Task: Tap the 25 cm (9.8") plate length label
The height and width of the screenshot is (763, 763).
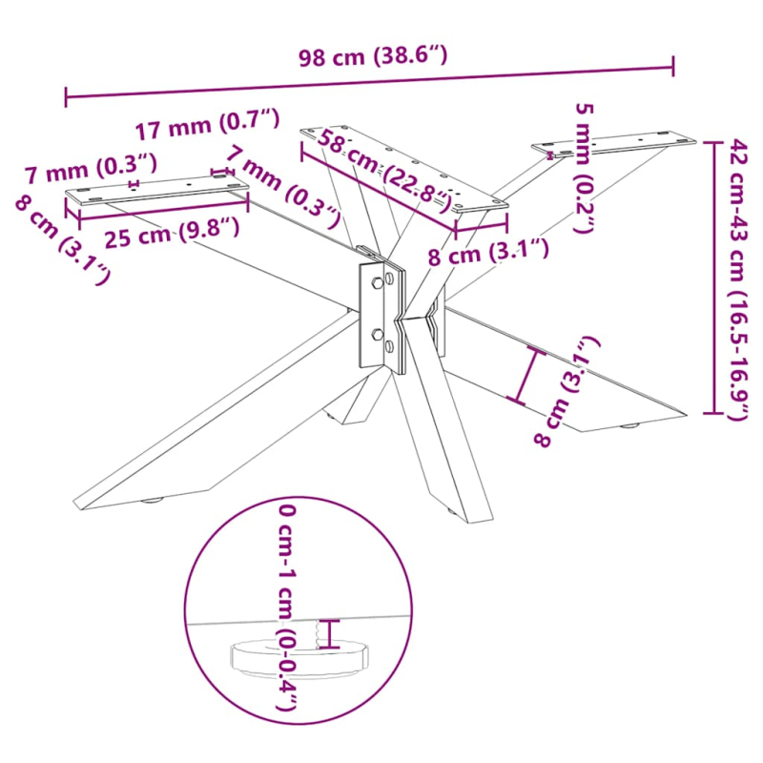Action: [x=172, y=232]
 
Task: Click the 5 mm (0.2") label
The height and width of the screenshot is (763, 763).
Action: [x=584, y=167]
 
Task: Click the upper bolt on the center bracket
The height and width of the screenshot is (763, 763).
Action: [x=379, y=283]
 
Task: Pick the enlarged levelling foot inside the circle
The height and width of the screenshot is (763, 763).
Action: [x=299, y=658]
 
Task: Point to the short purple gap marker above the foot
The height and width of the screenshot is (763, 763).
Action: [x=332, y=633]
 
